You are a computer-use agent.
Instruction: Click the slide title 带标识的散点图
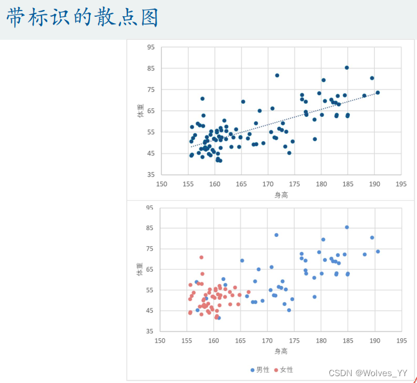click(x=83, y=17)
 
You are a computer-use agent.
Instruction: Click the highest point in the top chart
click(x=347, y=68)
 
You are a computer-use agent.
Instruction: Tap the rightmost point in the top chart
click(x=378, y=93)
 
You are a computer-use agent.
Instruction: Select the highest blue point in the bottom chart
click(x=347, y=228)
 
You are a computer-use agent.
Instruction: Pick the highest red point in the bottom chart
click(x=201, y=257)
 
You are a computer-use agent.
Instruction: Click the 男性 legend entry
click(x=260, y=370)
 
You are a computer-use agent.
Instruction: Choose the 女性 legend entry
click(x=283, y=370)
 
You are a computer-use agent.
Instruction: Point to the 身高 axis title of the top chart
click(x=281, y=195)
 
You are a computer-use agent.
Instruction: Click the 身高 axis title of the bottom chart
click(x=281, y=351)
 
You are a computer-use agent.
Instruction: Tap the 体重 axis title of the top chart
click(x=140, y=111)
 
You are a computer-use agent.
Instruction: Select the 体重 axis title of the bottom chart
click(x=140, y=269)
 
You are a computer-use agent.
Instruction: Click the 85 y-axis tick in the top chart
click(x=151, y=68)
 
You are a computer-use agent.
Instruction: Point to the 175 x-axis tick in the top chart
click(x=295, y=184)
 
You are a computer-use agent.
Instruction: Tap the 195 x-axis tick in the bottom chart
click(x=401, y=341)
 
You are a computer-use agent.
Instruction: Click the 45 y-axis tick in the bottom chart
click(x=149, y=311)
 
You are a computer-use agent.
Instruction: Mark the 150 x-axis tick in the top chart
click(x=162, y=184)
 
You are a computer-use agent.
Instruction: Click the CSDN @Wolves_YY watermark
click(x=368, y=373)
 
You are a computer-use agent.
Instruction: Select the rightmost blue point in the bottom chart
click(x=378, y=252)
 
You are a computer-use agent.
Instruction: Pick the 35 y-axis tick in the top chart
click(x=151, y=175)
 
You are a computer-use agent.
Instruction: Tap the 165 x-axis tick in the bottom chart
click(x=241, y=341)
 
